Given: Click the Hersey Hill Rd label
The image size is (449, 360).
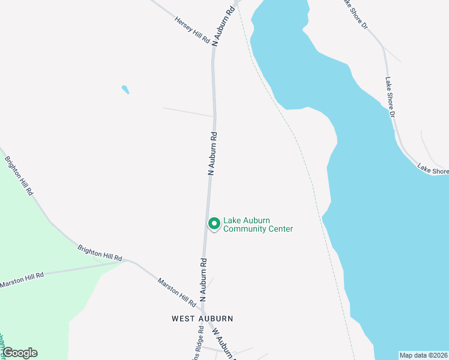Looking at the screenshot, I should tap(192, 29).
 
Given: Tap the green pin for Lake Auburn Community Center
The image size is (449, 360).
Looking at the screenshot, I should tap(214, 224).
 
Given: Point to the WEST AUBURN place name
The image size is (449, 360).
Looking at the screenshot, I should tap(202, 319).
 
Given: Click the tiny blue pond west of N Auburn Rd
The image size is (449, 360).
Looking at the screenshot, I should tap(125, 90).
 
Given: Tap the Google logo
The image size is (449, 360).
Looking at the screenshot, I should tap(20, 353).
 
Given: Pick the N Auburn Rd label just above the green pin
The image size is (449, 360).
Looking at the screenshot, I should tap(212, 154).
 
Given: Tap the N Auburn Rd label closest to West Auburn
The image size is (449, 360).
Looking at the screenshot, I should tap(203, 280).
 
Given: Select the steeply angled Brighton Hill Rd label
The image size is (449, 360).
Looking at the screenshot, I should tap(19, 176).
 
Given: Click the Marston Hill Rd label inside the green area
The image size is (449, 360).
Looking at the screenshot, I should tap(22, 279).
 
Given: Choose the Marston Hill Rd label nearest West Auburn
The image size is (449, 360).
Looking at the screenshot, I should tap(176, 293).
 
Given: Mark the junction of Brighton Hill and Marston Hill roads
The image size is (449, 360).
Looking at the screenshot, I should tap(125, 261).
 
